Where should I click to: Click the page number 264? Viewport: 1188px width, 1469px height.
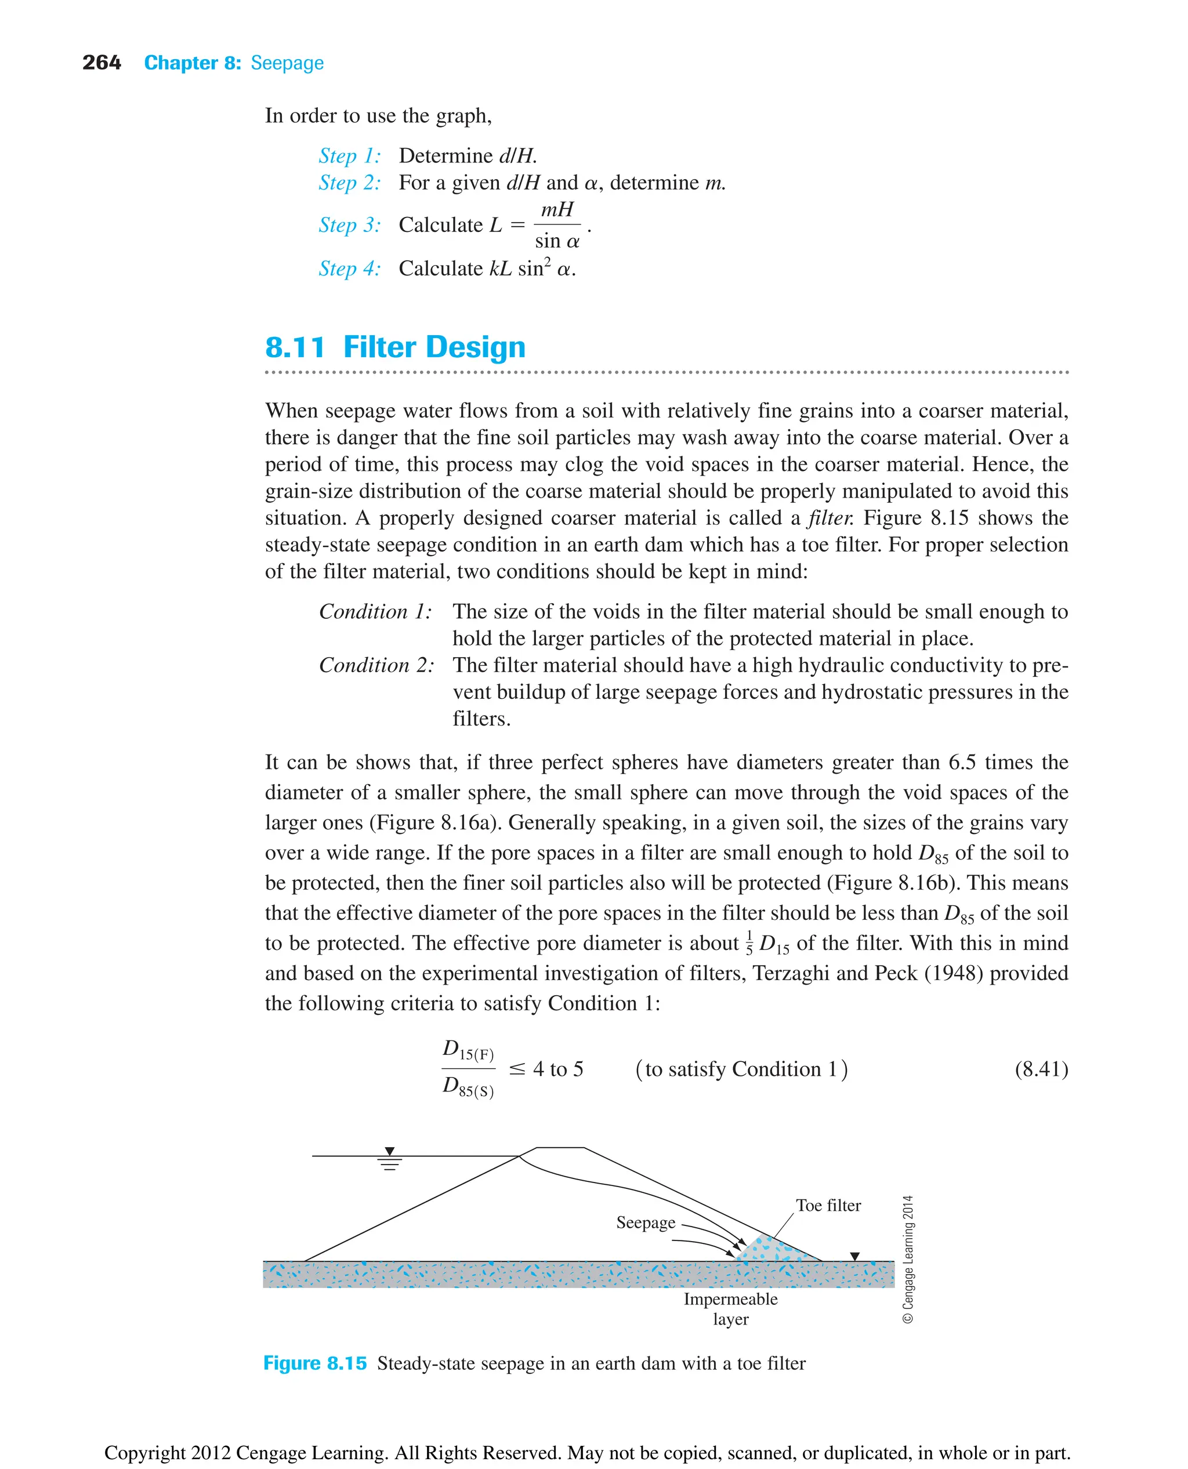coord(102,63)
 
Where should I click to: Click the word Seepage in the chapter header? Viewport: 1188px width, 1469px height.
coord(287,63)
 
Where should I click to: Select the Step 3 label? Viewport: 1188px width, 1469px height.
coord(349,225)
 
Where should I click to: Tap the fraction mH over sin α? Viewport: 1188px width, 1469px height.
coord(557,225)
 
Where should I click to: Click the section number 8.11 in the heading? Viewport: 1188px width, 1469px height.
coord(294,347)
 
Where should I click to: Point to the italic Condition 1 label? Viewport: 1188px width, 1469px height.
coord(375,611)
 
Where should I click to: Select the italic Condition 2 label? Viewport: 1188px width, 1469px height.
coord(376,665)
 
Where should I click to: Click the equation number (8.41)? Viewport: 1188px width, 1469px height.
coord(1040,1069)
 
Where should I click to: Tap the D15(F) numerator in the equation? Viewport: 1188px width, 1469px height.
coord(468,1050)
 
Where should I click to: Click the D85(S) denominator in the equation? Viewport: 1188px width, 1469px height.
coord(468,1087)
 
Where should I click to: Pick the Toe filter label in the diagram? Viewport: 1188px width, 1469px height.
coord(828,1205)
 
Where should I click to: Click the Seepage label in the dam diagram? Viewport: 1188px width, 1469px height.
coord(645,1222)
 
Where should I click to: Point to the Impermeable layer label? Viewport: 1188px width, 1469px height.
coord(730,1308)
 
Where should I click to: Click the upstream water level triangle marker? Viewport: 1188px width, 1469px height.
coord(389,1152)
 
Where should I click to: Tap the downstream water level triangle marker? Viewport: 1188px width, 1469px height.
coord(854,1256)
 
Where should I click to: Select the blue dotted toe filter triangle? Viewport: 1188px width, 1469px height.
coord(773,1250)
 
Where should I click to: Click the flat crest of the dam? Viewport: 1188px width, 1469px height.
coord(560,1148)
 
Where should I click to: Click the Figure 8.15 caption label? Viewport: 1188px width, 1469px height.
coord(315,1363)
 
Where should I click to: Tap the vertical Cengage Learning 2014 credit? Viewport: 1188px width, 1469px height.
coord(908,1259)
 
